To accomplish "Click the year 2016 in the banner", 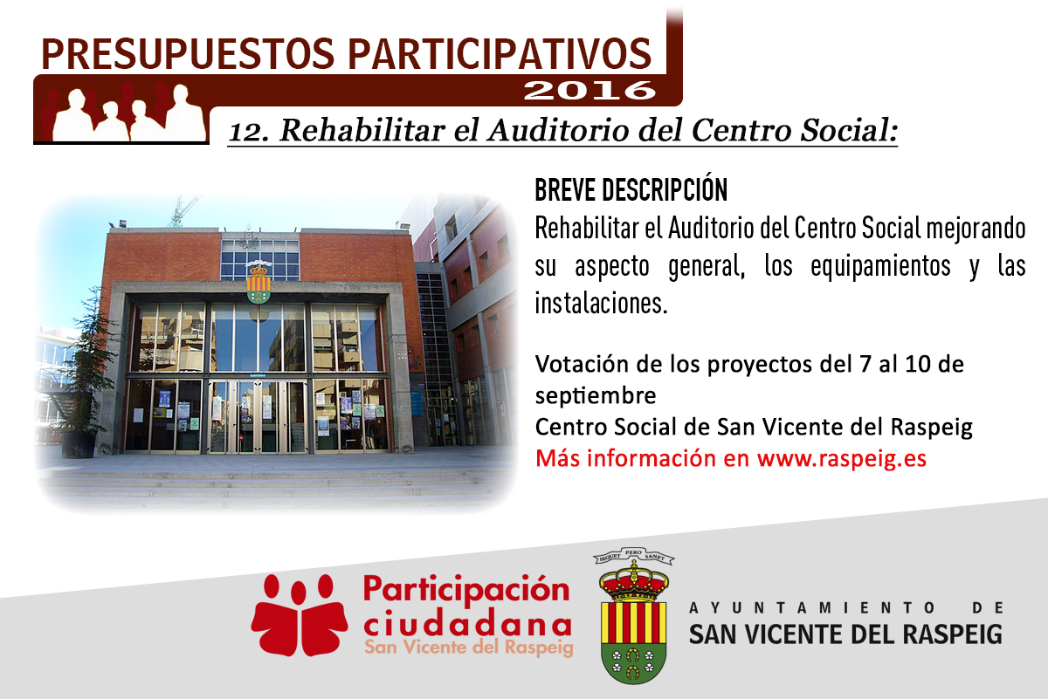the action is (589, 90).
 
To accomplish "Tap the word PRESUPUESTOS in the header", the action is (188, 54).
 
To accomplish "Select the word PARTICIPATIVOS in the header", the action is (500, 54).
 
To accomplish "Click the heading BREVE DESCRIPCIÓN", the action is (631, 190).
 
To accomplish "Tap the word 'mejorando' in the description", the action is (976, 230).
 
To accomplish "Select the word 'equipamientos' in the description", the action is (880, 266).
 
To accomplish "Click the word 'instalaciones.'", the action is (601, 303).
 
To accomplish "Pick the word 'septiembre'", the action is (596, 396).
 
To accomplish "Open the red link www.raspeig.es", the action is (842, 459).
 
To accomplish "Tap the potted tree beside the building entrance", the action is (86, 374).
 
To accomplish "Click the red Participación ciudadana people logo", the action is (300, 614).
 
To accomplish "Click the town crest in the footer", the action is (633, 615).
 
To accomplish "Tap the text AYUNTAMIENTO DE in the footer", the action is (846, 608).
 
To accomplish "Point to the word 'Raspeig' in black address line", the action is (932, 428).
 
